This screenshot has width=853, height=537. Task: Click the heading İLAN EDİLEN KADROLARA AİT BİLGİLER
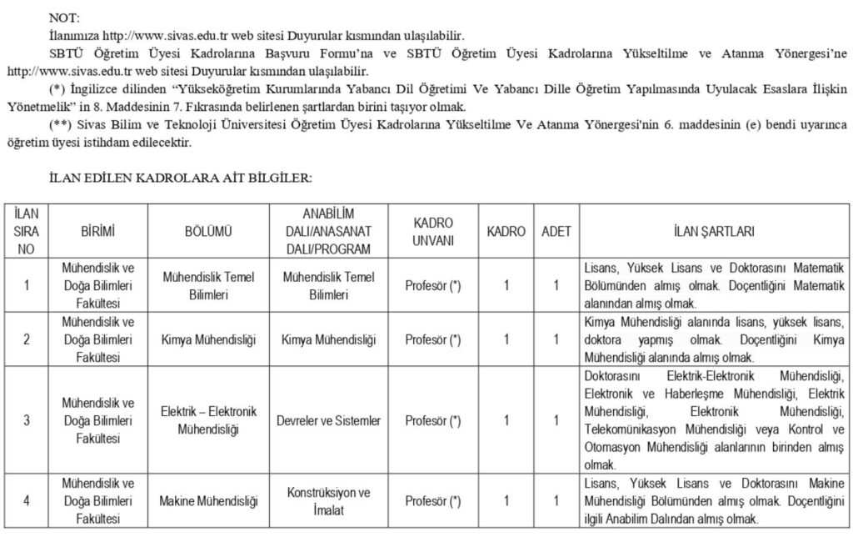[x=181, y=178]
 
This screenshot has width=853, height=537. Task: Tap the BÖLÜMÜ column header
[x=208, y=231]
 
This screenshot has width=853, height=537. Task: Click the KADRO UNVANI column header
[x=432, y=231]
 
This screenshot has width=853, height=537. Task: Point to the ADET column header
[x=556, y=231]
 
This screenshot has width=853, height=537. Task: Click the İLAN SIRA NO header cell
[x=27, y=231]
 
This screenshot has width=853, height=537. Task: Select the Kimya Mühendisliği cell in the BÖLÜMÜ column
[x=208, y=339]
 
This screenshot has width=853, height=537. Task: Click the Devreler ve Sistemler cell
[x=328, y=421]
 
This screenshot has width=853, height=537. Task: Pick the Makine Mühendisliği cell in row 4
[x=208, y=502]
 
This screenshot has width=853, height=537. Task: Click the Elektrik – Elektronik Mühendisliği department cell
[x=208, y=421]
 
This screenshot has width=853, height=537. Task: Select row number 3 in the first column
[x=27, y=421]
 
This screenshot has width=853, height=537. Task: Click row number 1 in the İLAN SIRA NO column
[x=27, y=285]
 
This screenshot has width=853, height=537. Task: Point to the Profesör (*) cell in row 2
[x=432, y=339]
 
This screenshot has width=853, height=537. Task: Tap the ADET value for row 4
[x=556, y=502]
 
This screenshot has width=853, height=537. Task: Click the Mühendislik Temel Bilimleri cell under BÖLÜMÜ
[x=208, y=285]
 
